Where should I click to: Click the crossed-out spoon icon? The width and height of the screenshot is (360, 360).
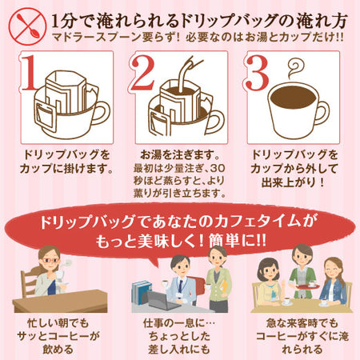pyautogui.click(x=27, y=26)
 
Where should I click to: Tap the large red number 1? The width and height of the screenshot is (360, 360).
pyautogui.click(x=29, y=72)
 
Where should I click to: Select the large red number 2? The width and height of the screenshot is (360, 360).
pyautogui.click(x=142, y=72)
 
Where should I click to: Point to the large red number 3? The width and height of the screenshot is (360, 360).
pyautogui.click(x=257, y=72)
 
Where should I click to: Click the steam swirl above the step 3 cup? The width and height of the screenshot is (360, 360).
pyautogui.click(x=295, y=69)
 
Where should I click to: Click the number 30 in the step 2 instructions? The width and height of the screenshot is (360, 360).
pyautogui.click(x=218, y=169)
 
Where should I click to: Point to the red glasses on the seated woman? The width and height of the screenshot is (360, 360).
pyautogui.click(x=50, y=260)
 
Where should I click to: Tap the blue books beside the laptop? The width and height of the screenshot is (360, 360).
pyautogui.click(x=142, y=293)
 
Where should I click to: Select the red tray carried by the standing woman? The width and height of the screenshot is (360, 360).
pyautogui.click(x=308, y=286)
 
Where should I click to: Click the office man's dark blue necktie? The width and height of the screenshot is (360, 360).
pyautogui.click(x=181, y=286)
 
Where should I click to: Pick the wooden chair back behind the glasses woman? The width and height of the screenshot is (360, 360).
pyautogui.click(x=29, y=282)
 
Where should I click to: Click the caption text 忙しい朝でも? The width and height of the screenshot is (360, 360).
pyautogui.click(x=58, y=324)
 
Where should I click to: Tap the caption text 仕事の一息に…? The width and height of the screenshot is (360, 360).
pyautogui.click(x=179, y=324)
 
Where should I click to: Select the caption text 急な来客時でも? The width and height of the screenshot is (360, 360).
pyautogui.click(x=302, y=324)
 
